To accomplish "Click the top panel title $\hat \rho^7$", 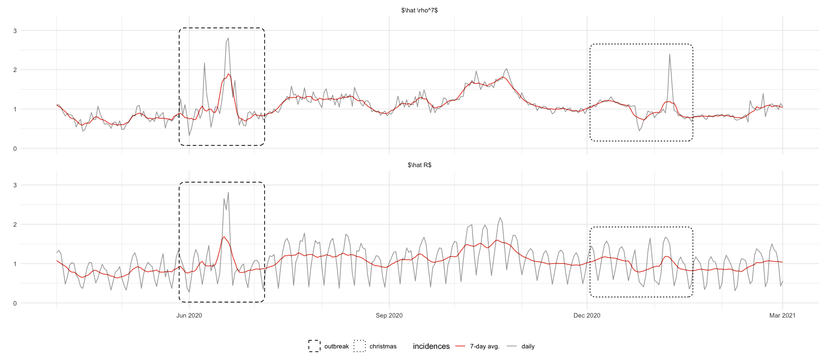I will [x=419, y=10].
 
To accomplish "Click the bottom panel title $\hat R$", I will [x=419, y=165].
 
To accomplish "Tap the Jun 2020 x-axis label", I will [x=189, y=315].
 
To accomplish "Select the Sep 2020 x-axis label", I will [x=389, y=315].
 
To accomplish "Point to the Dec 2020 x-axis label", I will [x=587, y=315].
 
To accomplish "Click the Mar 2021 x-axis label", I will [x=782, y=315].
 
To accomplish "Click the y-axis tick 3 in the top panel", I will [x=15, y=30].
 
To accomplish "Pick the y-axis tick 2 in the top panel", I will [x=15, y=70].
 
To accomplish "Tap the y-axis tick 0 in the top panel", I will [x=15, y=149].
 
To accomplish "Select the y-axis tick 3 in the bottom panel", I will [x=15, y=185].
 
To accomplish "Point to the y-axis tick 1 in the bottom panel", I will [x=15, y=264].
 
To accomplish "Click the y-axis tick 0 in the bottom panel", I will [x=15, y=303].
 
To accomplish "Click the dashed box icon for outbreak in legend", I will [x=314, y=346].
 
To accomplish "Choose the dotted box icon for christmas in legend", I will [x=360, y=346].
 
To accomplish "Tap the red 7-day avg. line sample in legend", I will [x=460, y=346].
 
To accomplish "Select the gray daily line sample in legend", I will [x=512, y=346].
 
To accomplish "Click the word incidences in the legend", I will [x=431, y=346].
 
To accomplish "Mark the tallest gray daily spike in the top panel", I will [x=228, y=38].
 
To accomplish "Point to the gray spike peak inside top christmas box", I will [x=670, y=54].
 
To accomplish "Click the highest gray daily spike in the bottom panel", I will [x=228, y=192].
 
